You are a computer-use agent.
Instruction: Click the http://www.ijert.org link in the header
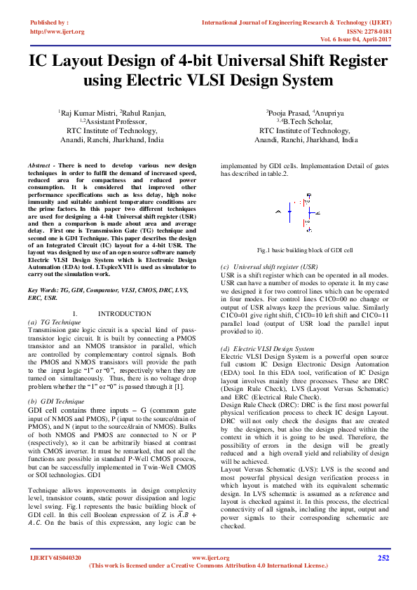point(57,32)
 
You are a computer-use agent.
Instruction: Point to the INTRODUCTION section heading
point(124,313)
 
